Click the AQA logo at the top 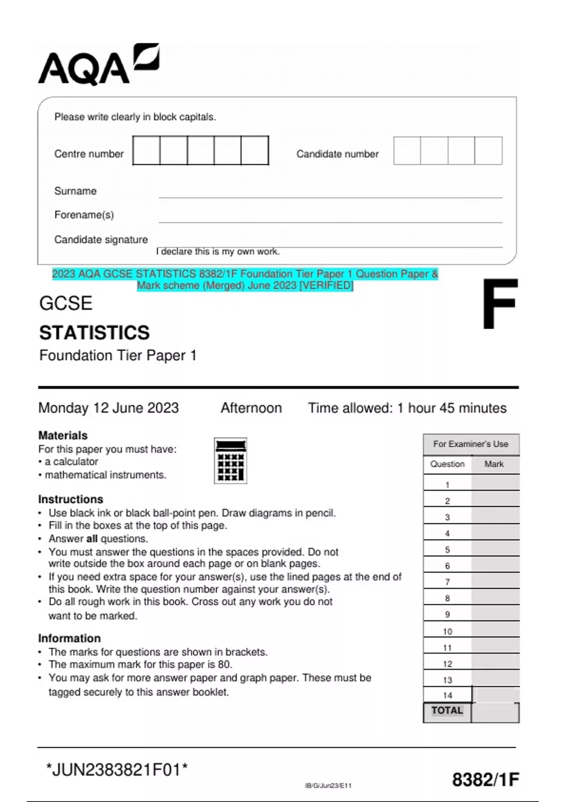[x=98, y=65]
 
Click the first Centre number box [x=147, y=150]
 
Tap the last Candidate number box [x=488, y=150]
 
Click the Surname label [x=75, y=191]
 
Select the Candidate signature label [x=101, y=240]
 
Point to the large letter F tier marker [x=500, y=304]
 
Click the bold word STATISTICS [x=94, y=333]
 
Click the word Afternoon [x=251, y=408]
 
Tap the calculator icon [x=231, y=461]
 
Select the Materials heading [x=63, y=435]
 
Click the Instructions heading [x=70, y=499]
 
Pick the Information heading [x=69, y=638]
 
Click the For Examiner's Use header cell [x=471, y=444]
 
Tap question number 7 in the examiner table [x=447, y=582]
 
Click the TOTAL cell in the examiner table [x=447, y=710]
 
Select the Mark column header [x=494, y=464]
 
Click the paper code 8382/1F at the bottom [x=485, y=779]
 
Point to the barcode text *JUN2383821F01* [x=117, y=769]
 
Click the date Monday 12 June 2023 [x=108, y=408]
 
